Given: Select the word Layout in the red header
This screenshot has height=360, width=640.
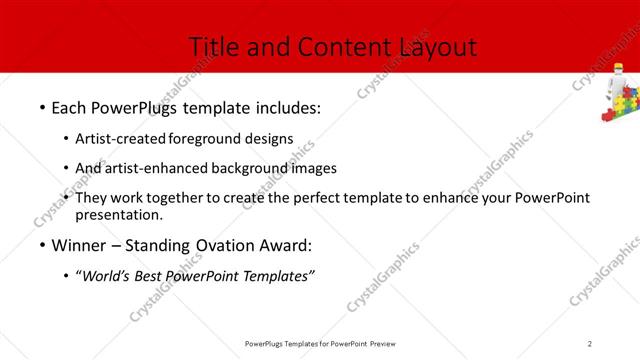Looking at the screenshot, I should pos(438,46).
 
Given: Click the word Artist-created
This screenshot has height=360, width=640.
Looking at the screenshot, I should pos(121,139).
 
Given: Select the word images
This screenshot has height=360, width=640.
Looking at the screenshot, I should pos(313,168).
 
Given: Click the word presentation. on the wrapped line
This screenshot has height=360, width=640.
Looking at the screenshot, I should pos(118,214).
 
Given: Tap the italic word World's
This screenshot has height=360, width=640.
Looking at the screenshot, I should pos(106,276).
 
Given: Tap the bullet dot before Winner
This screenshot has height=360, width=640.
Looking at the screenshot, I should pos(41,245).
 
